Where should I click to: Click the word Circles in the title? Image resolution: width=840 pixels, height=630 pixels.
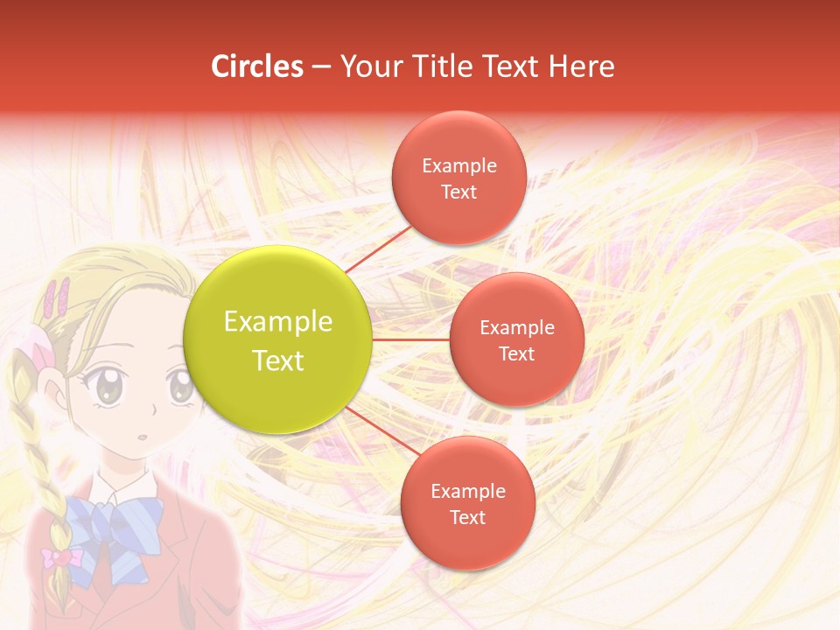(257, 66)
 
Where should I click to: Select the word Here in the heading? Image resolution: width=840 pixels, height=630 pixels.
(582, 66)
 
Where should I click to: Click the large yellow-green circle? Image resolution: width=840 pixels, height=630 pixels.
(278, 339)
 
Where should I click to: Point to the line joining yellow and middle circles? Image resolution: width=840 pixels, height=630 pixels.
(410, 339)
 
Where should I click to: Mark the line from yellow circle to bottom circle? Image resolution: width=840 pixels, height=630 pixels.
(383, 431)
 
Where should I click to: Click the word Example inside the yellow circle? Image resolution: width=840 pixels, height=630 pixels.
(278, 322)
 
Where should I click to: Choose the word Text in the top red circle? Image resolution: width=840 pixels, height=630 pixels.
(458, 192)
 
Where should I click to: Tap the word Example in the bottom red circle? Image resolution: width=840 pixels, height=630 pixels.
(467, 491)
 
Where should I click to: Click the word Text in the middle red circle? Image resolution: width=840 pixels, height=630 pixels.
(516, 353)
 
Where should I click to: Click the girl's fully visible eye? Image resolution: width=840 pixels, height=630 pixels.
(109, 386)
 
